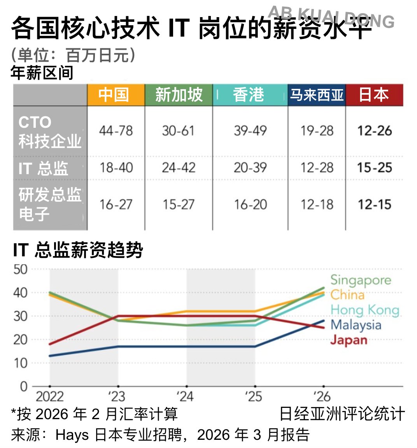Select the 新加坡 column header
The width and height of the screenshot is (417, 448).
point(179,95)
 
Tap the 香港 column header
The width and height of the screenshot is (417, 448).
point(249,95)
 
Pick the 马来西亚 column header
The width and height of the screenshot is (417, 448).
point(317,95)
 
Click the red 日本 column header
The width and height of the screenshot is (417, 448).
point(374,95)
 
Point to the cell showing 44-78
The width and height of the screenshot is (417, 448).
point(116,131)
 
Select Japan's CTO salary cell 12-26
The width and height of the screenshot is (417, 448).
point(374,131)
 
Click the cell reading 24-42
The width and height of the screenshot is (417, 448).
point(179,168)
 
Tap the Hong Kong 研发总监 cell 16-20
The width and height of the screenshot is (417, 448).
point(250,205)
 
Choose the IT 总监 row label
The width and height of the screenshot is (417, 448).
point(44,168)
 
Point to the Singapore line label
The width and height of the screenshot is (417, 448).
point(361,280)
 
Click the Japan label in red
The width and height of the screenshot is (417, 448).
point(349,340)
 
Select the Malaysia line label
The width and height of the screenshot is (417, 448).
point(356,325)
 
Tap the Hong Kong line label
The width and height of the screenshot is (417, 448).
point(364,310)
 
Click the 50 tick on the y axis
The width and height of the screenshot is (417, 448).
point(20,269)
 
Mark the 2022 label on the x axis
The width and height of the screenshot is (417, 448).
point(49,397)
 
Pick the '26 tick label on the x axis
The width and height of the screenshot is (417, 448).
point(321,397)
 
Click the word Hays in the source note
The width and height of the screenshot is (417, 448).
point(72,435)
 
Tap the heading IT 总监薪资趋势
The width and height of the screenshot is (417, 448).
point(78,250)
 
